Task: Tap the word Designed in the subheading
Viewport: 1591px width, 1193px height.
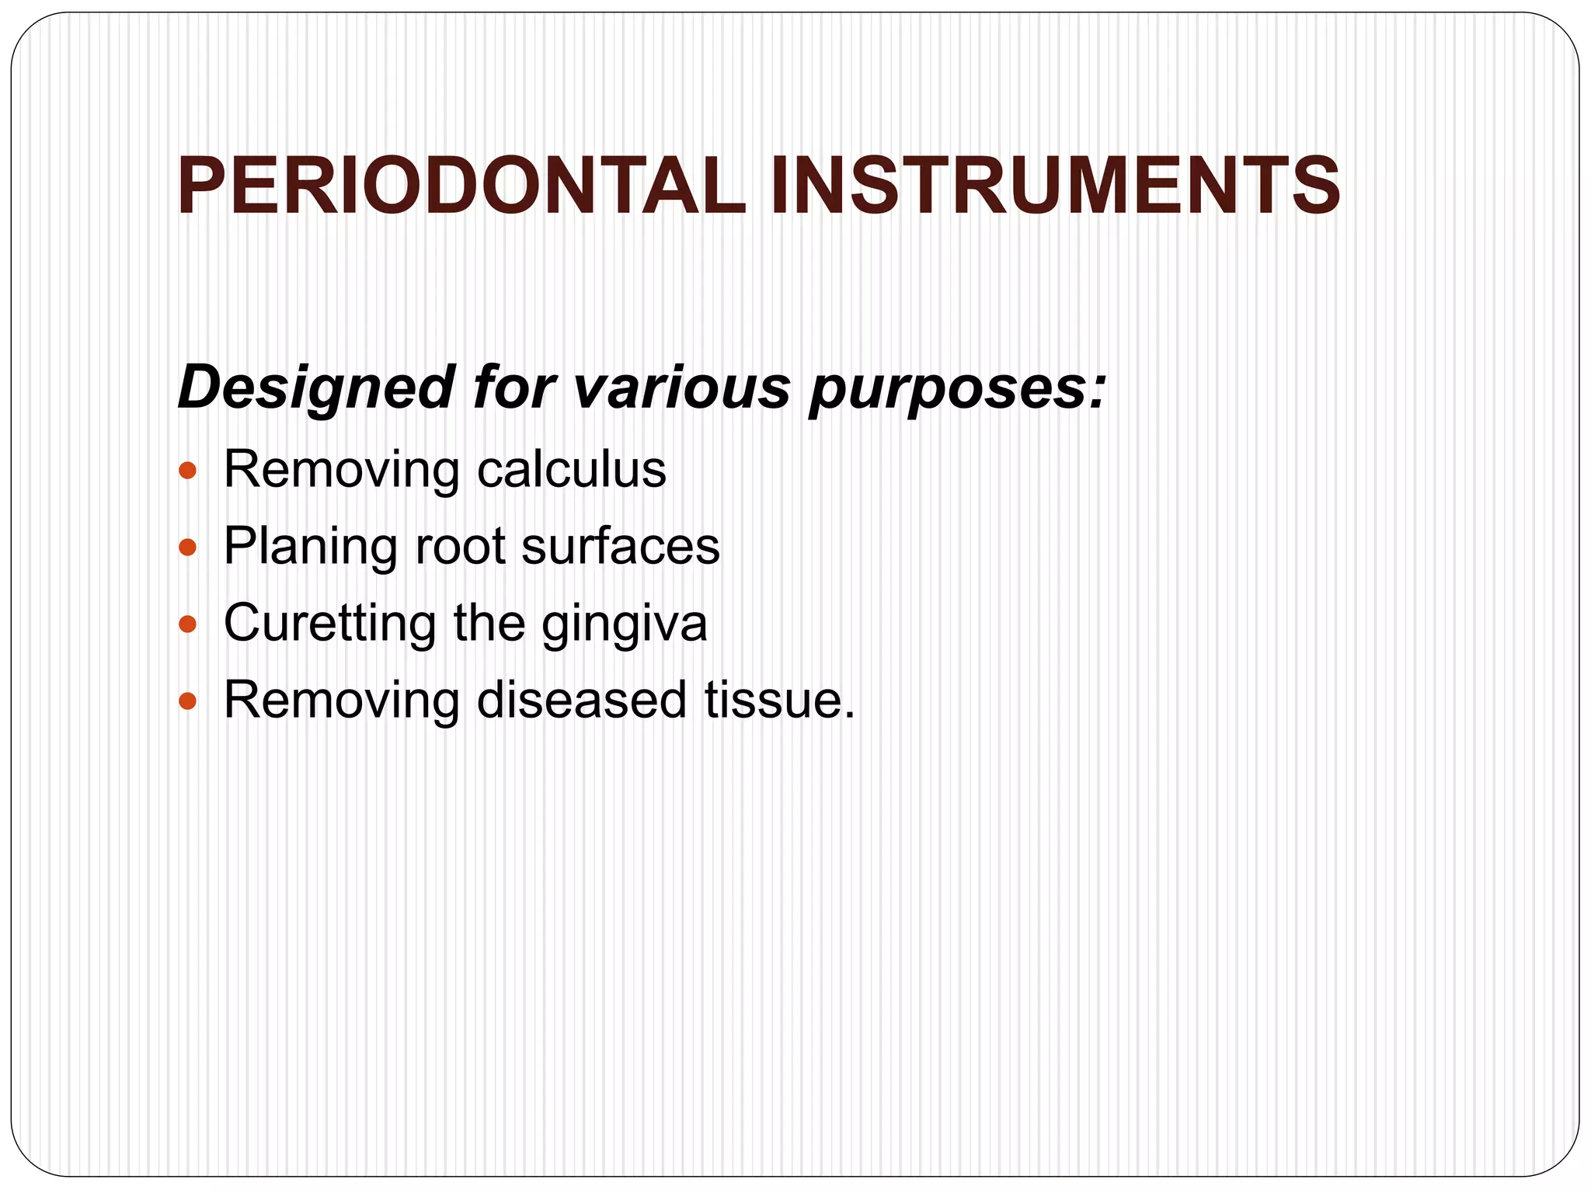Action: [x=315, y=388]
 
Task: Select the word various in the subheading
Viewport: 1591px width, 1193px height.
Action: [x=681, y=386]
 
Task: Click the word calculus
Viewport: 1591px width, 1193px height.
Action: [x=572, y=469]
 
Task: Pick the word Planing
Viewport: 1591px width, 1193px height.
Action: [x=310, y=547]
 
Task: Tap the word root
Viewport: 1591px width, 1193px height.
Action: [x=460, y=546]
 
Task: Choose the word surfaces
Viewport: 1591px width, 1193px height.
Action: [x=621, y=546]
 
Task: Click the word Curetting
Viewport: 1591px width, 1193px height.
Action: [x=330, y=623]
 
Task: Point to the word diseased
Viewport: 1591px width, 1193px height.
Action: [x=581, y=700]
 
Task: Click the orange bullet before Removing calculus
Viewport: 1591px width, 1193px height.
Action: [x=187, y=471]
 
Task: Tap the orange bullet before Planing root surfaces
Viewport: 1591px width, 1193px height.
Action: [x=187, y=548]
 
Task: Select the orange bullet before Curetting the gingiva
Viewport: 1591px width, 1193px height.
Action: [x=187, y=624]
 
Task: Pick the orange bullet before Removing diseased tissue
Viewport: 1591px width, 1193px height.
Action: [x=187, y=701]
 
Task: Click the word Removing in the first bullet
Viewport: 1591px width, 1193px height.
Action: [x=342, y=471]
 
